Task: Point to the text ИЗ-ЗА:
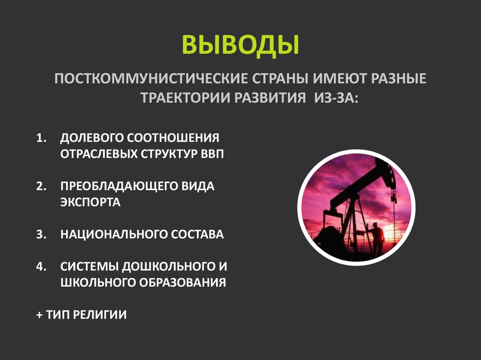(331, 98)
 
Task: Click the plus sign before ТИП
(39, 314)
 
